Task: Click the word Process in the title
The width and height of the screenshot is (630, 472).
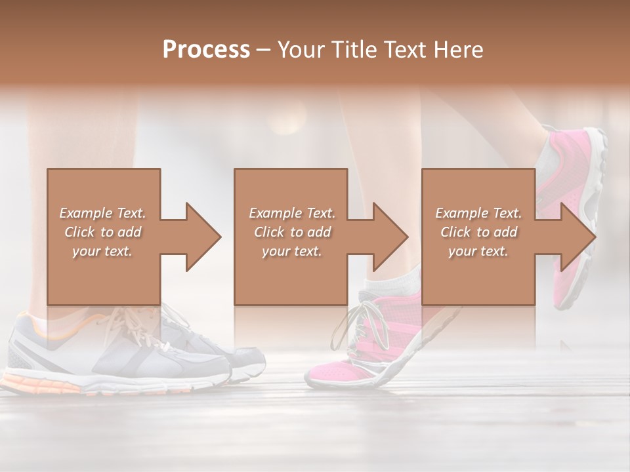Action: click(x=206, y=49)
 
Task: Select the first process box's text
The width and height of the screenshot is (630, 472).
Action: click(x=102, y=231)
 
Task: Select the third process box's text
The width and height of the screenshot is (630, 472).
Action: click(x=478, y=231)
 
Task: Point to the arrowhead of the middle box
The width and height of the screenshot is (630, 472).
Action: click(x=389, y=237)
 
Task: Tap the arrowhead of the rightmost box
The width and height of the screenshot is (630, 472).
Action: click(x=577, y=237)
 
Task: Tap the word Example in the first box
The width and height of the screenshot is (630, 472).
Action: click(x=85, y=213)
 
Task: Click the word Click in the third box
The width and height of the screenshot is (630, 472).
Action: click(x=456, y=232)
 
